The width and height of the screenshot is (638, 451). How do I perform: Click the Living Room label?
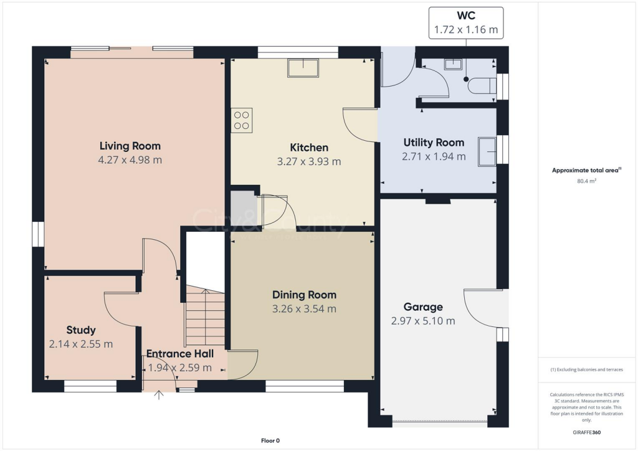130,146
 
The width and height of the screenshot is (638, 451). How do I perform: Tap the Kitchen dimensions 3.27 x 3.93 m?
309,162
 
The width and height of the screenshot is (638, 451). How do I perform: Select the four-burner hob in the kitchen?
241,120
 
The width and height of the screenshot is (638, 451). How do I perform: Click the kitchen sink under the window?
303,68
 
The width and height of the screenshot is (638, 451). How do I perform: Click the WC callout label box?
466,22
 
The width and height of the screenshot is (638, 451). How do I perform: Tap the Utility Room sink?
487,151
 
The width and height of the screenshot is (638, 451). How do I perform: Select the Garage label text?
423,307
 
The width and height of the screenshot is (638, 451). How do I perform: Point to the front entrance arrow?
159,395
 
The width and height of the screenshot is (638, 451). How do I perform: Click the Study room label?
81,330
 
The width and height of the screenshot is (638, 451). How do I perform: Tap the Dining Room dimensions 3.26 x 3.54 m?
304,309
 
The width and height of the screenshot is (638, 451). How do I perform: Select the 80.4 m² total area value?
587,182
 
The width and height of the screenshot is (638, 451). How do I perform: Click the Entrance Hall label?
179,354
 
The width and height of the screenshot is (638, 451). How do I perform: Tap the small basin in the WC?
454,64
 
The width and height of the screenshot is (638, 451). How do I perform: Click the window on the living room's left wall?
39,234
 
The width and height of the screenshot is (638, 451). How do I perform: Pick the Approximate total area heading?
586,170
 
